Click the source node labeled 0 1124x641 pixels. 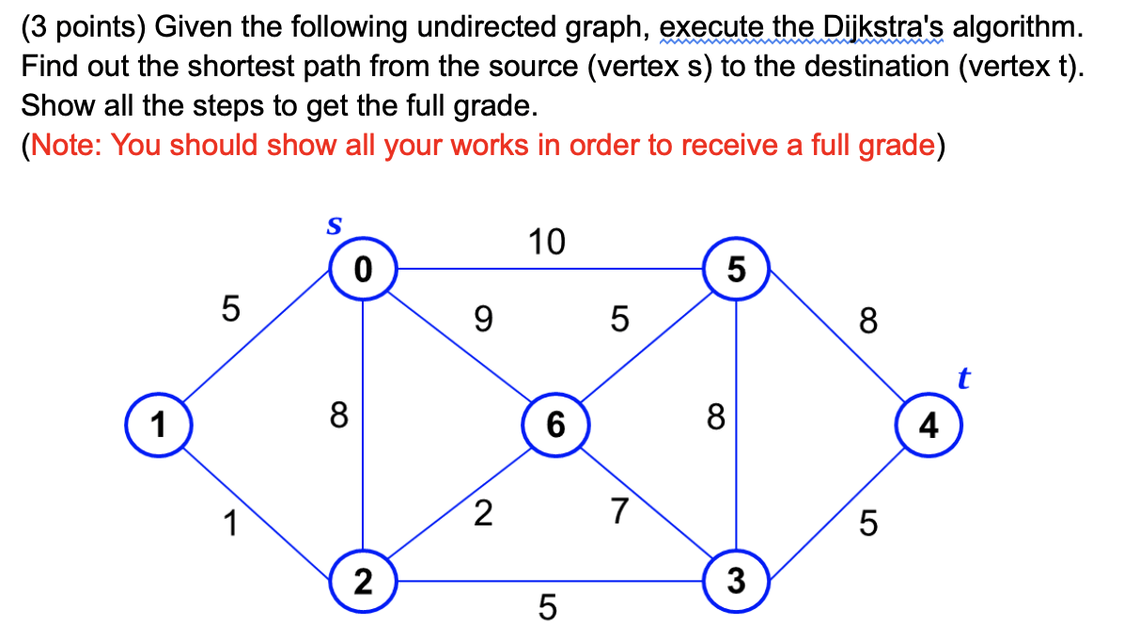click(364, 269)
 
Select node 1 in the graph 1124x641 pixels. click(159, 425)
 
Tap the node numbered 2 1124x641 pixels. click(364, 581)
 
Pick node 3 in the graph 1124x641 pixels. click(736, 581)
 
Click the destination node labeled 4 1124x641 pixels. click(929, 425)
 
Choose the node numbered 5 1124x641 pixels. click(736, 269)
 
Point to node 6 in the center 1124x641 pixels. click(555, 425)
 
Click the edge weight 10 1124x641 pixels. click(547, 242)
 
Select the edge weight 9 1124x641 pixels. click(484, 319)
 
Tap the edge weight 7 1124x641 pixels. click(620, 512)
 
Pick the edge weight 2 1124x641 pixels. click(483, 513)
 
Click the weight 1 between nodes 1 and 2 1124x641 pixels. click(230, 524)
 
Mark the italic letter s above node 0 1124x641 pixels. click(334, 226)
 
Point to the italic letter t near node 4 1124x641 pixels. click(963, 378)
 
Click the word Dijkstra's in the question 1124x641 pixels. click(883, 27)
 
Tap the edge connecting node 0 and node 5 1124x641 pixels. click(550, 269)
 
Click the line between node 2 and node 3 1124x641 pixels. click(550, 581)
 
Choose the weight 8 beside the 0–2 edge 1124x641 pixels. click(339, 415)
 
